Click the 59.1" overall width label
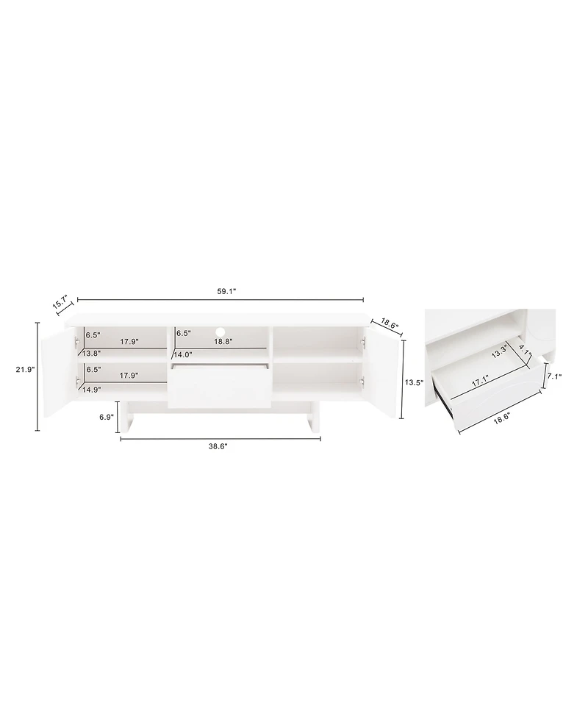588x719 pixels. (226, 292)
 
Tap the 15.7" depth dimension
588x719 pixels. (60, 303)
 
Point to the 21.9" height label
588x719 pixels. (25, 370)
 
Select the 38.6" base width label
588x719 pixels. (218, 447)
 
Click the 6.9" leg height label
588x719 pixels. (107, 417)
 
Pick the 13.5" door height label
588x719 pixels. (415, 382)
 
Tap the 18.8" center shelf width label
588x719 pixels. (223, 341)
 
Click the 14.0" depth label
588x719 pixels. (184, 354)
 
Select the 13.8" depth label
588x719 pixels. (92, 353)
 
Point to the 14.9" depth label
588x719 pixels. (92, 390)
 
